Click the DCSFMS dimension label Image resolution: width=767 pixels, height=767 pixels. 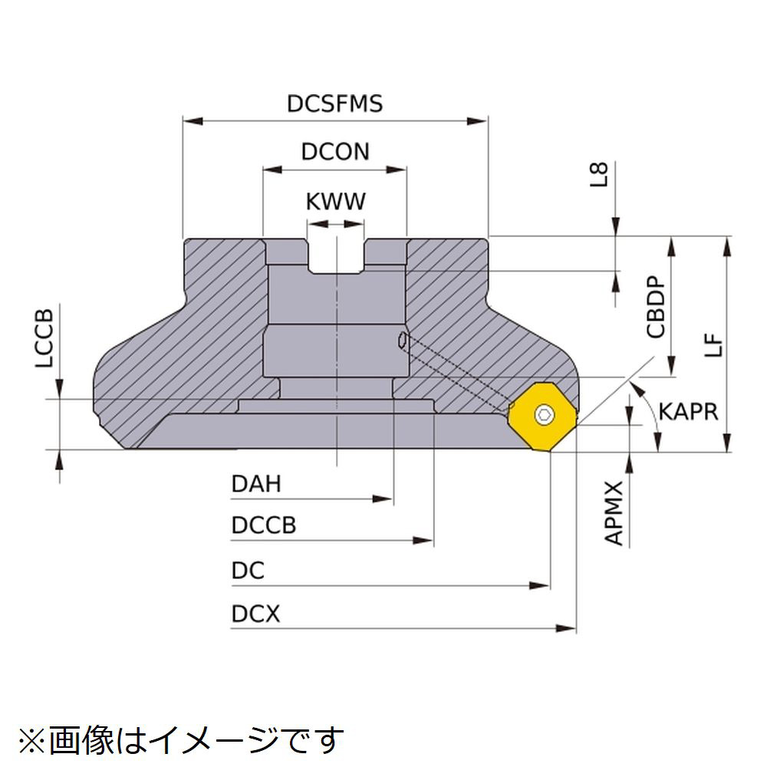coord(334,104)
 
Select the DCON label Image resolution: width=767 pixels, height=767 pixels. coord(334,151)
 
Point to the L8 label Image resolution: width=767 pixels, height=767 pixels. coord(602,174)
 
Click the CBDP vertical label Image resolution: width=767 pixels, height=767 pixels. coord(656,307)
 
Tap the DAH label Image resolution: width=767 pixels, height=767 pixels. coord(256,484)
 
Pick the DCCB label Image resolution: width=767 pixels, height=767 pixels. coord(263,526)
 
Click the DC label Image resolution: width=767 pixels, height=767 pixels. coord(247,571)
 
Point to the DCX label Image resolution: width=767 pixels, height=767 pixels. coord(255,614)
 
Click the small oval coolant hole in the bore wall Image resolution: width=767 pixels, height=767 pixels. coord(402,341)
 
